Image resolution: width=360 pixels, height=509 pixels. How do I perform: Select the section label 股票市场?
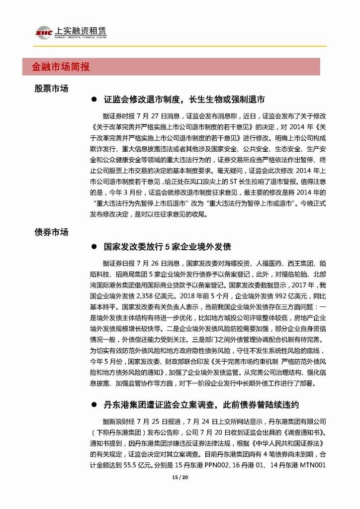tap(51, 88)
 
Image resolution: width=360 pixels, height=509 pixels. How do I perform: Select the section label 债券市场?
tap(51, 232)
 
